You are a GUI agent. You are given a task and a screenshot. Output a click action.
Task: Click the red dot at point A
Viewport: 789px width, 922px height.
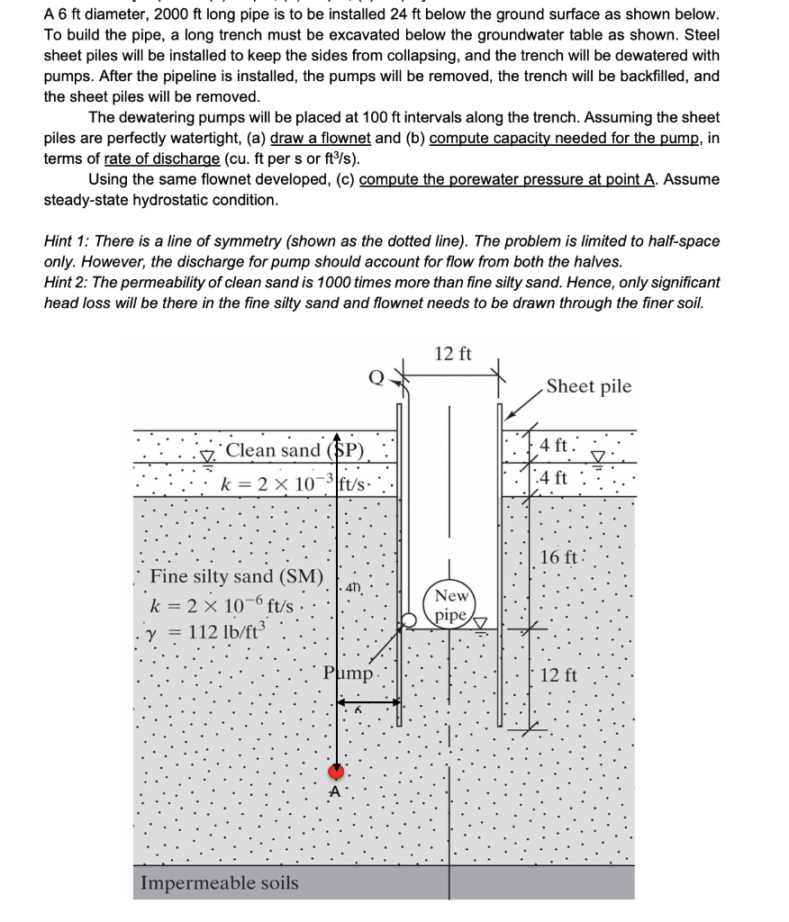click(x=337, y=771)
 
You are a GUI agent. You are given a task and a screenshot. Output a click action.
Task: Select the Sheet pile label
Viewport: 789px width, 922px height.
click(x=589, y=386)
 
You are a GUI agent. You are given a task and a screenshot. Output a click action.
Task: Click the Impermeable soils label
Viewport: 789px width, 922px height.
click(x=219, y=882)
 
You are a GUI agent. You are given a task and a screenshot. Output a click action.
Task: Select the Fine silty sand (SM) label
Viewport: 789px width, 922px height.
click(x=237, y=575)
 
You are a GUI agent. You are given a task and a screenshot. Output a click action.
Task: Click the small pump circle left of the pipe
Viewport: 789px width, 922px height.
click(x=410, y=619)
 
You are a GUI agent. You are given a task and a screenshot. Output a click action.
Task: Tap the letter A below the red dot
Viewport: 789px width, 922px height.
click(x=336, y=792)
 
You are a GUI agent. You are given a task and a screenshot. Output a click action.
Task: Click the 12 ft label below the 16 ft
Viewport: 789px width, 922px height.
click(x=562, y=673)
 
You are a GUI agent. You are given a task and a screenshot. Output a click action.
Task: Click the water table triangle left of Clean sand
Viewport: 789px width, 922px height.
click(x=209, y=453)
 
